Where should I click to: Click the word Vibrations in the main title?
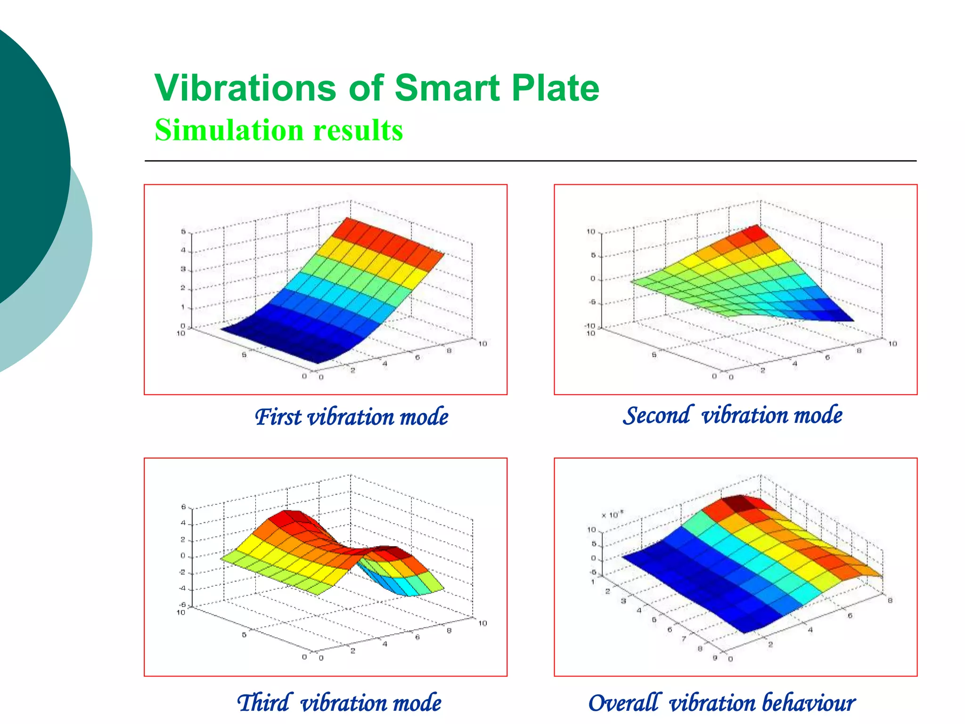245,88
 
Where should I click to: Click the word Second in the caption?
658,415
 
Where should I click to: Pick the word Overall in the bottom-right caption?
623,703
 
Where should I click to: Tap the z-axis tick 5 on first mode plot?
183,231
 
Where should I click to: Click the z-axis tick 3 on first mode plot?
183,269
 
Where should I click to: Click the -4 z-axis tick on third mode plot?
182,589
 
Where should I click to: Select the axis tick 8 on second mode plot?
859,350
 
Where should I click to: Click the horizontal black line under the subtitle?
530,161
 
